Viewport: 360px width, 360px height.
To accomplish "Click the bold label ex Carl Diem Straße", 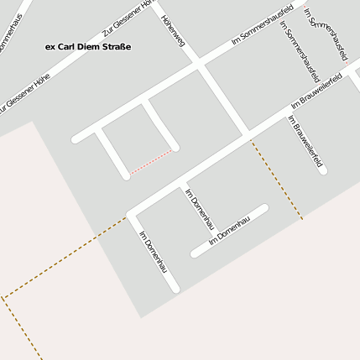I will tap(87, 47).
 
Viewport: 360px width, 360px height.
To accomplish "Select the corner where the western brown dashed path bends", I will tap(3, 297).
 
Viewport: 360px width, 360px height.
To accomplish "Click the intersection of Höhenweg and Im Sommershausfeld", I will tap(201, 63).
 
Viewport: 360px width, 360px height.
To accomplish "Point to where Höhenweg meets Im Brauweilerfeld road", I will tap(249, 133).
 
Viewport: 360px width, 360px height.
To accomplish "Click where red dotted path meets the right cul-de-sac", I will tap(175, 150).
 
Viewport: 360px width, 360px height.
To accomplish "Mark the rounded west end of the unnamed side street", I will tap(77, 138).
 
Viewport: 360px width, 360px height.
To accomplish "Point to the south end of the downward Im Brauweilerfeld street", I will tap(323, 171).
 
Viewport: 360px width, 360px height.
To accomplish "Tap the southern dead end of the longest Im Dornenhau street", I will tap(175, 290).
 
